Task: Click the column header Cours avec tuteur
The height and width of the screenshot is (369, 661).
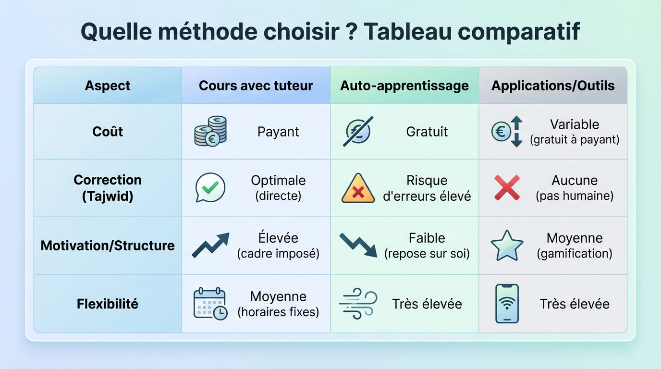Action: [256, 86]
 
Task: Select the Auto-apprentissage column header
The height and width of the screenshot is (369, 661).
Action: [404, 86]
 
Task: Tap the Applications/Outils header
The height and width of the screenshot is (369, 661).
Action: [553, 86]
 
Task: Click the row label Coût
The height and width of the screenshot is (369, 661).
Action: [108, 132]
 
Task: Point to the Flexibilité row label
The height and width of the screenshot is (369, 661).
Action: [108, 304]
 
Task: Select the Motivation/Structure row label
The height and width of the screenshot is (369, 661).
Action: [108, 246]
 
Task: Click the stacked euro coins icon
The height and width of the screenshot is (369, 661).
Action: [211, 131]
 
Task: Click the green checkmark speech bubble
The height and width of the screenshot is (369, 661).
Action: [210, 187]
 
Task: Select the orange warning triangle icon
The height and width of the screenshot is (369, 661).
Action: [358, 188]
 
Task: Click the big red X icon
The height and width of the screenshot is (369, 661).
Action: [507, 187]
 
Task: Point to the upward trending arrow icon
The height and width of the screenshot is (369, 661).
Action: [210, 245]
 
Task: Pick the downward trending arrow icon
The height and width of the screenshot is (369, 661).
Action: [358, 245]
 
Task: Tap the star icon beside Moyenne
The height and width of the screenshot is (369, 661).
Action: [507, 246]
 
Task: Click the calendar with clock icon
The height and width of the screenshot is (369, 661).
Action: [210, 304]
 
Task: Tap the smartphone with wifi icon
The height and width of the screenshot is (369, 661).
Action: [507, 304]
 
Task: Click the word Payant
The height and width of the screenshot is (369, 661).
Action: [278, 132]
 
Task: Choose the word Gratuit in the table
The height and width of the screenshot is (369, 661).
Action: [427, 132]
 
